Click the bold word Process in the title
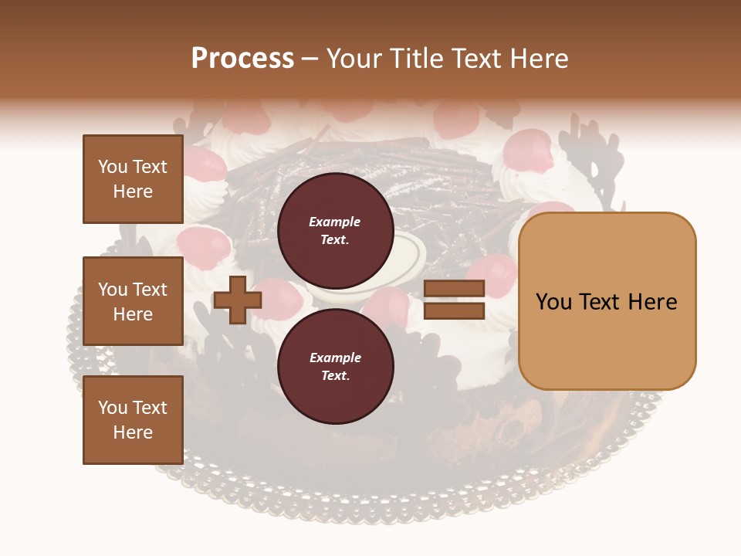pyautogui.click(x=242, y=58)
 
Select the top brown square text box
pyautogui.click(x=133, y=179)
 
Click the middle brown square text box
pyautogui.click(x=133, y=301)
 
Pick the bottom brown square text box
pyautogui.click(x=133, y=420)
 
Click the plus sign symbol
pyautogui.click(x=237, y=300)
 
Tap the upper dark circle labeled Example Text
pyautogui.click(x=335, y=231)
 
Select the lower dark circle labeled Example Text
pyautogui.click(x=335, y=367)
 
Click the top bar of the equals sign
pyautogui.click(x=455, y=289)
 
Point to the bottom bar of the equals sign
pyautogui.click(x=455, y=310)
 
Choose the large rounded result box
pyautogui.click(x=607, y=301)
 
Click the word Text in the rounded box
pyautogui.click(x=607, y=302)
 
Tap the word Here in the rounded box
pyautogui.click(x=652, y=302)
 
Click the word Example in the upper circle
pyautogui.click(x=335, y=222)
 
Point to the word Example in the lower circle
pyautogui.click(x=335, y=358)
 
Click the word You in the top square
pyautogui.click(x=113, y=167)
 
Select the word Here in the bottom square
pyautogui.click(x=133, y=432)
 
